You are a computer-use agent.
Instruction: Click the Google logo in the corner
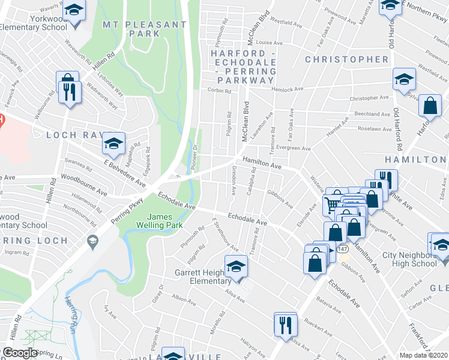pyautogui.click(x=20, y=353)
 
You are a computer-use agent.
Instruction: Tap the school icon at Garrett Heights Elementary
pyautogui.click(x=236, y=266)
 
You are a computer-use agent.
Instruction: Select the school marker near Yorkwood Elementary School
pyautogui.click(x=74, y=10)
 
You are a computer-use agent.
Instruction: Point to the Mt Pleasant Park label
pyautogui.click(x=144, y=29)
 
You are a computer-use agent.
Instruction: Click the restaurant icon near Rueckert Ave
pyautogui.click(x=285, y=324)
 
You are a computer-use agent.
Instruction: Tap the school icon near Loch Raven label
pyautogui.click(x=113, y=143)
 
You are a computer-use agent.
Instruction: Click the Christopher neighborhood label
pyautogui.click(x=346, y=59)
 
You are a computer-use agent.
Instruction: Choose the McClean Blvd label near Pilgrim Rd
pyautogui.click(x=245, y=122)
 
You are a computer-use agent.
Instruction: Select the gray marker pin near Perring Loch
pyautogui.click(x=92, y=242)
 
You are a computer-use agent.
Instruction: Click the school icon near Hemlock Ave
pyautogui.click(x=404, y=79)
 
